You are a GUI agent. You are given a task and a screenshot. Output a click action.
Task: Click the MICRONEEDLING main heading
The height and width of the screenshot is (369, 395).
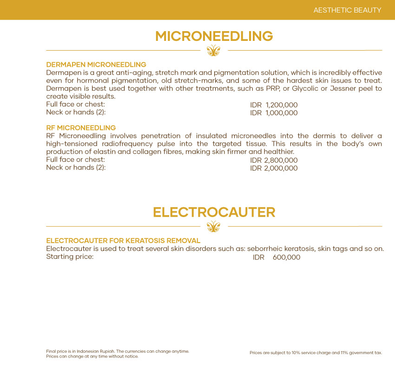click(214, 36)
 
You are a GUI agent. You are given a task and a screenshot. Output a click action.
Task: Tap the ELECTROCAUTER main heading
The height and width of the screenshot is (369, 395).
click(214, 212)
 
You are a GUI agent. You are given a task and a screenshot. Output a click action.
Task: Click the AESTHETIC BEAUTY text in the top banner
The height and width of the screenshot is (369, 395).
click(347, 10)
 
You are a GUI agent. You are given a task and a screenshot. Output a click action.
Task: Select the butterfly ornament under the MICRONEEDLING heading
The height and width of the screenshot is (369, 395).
click(213, 51)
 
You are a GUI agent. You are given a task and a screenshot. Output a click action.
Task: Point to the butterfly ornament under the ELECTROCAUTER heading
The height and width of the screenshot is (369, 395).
click(213, 226)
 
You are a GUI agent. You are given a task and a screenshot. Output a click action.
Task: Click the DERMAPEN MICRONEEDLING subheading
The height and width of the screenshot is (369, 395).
click(96, 65)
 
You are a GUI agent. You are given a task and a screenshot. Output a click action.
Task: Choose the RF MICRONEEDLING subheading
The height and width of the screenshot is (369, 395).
click(81, 128)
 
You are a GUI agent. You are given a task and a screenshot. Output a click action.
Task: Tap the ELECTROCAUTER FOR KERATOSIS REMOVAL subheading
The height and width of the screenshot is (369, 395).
click(123, 241)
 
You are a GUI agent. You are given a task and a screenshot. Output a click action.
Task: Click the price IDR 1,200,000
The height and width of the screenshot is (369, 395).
click(274, 105)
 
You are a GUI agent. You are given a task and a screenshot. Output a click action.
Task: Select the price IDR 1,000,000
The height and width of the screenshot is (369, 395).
click(274, 113)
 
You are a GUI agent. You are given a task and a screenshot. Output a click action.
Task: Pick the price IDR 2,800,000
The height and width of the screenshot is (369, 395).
click(274, 160)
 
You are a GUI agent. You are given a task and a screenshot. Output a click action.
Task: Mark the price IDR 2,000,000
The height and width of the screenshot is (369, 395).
click(274, 168)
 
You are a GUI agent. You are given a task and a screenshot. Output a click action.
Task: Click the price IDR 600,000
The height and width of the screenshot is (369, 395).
click(276, 257)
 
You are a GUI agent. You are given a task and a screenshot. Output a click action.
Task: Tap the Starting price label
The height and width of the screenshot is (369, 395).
click(70, 257)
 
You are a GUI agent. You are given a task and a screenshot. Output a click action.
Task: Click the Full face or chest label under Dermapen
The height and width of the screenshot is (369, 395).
click(75, 104)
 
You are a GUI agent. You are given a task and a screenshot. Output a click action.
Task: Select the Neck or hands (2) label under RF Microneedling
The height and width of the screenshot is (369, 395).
click(76, 167)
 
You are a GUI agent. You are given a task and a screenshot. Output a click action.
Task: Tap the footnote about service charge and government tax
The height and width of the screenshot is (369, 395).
click(316, 353)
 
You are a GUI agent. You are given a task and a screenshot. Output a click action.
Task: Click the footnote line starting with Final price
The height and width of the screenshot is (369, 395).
click(118, 351)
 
